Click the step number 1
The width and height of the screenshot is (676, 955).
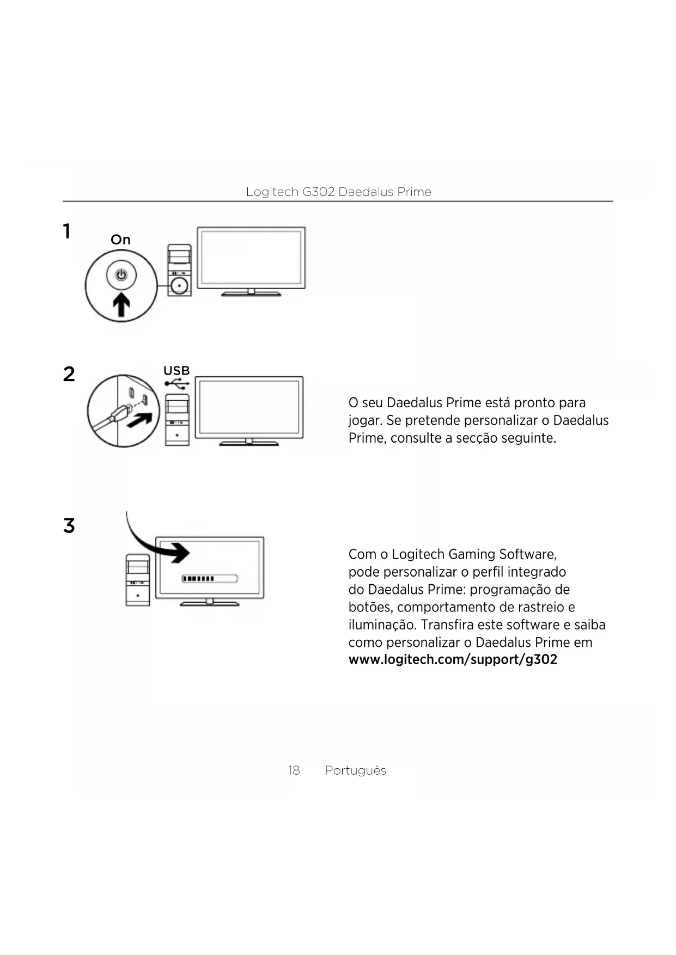pyautogui.click(x=67, y=231)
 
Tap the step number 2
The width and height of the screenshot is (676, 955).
pyautogui.click(x=69, y=374)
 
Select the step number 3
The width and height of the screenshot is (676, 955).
pyautogui.click(x=69, y=525)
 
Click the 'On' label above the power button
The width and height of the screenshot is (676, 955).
pyautogui.click(x=120, y=240)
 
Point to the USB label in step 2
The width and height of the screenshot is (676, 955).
pyautogui.click(x=176, y=371)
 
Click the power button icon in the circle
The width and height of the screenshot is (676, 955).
pyautogui.click(x=121, y=275)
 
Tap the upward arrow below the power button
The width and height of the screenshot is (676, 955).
pyautogui.click(x=121, y=304)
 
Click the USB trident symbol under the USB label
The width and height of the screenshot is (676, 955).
pyautogui.click(x=176, y=384)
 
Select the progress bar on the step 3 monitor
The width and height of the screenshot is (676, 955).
pyautogui.click(x=210, y=578)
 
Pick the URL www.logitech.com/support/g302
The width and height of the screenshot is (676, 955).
pyautogui.click(x=453, y=660)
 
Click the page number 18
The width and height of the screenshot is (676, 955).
pyautogui.click(x=294, y=770)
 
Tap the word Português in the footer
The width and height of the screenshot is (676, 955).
pyautogui.click(x=356, y=770)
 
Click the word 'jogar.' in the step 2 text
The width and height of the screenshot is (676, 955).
pyautogui.click(x=366, y=421)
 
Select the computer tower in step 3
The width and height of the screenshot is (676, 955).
pyautogui.click(x=138, y=580)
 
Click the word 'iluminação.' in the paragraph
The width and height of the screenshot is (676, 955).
pyautogui.click(x=382, y=625)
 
